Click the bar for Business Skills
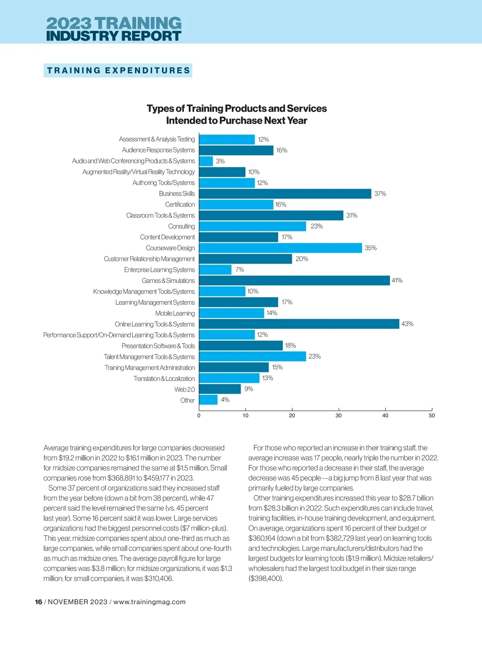pyautogui.click(x=285, y=194)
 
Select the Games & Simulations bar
pyautogui.click(x=294, y=280)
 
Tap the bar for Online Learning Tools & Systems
pyautogui.click(x=299, y=324)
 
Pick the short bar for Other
pyautogui.click(x=208, y=400)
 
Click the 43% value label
pyautogui.click(x=407, y=324)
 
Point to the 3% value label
pyautogui.click(x=220, y=161)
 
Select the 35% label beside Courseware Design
pyautogui.click(x=370, y=248)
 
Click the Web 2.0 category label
pyautogui.click(x=184, y=389)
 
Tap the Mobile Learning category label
pyautogui.click(x=175, y=313)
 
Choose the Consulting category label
pyautogui.click(x=181, y=226)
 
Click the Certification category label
pyautogui.click(x=180, y=204)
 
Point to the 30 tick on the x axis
pyautogui.click(x=339, y=415)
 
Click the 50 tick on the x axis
pyautogui.click(x=432, y=415)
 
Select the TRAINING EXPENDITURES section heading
pyautogui.click(x=118, y=71)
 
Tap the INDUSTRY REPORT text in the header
pyautogui.click(x=114, y=36)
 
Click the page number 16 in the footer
pyautogui.click(x=39, y=602)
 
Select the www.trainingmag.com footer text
pyautogui.click(x=149, y=602)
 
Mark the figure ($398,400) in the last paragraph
pyautogui.click(x=266, y=578)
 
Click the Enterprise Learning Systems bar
pyautogui.click(x=215, y=270)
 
